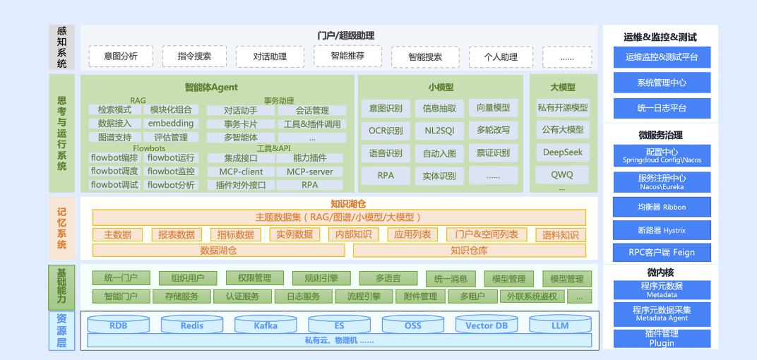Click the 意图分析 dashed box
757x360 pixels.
point(121,56)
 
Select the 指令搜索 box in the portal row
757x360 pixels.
point(194,56)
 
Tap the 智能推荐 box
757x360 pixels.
point(347,55)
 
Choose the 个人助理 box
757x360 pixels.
point(501,57)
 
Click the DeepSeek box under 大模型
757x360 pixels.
point(563,152)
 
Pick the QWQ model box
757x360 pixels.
point(563,174)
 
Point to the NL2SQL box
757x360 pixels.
point(439,131)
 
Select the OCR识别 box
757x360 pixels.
point(386,131)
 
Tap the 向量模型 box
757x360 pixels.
point(493,108)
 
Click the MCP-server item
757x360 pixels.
point(310,172)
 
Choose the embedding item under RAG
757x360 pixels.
point(171,124)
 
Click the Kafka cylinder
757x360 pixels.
point(266,325)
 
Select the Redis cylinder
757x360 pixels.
point(192,325)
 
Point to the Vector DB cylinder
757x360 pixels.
point(487,325)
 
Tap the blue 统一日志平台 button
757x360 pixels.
point(662,108)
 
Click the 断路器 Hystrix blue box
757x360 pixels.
point(662,230)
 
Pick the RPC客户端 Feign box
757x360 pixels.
point(662,252)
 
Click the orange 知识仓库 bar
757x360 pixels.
point(469,251)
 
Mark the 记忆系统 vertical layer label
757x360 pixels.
point(62,227)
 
